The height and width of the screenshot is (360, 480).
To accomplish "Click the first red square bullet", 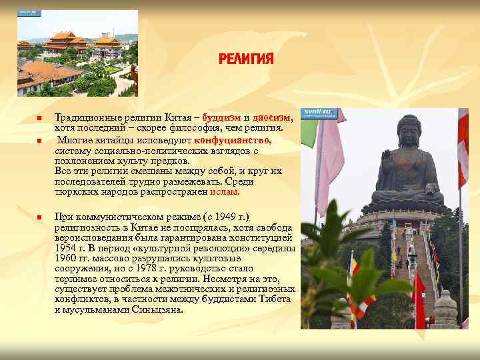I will click(x=39, y=119).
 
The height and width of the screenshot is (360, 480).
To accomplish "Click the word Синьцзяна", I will click(x=161, y=309).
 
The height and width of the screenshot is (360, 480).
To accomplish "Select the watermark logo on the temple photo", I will click(x=29, y=13).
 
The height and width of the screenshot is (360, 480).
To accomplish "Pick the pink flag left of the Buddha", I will click(x=329, y=167).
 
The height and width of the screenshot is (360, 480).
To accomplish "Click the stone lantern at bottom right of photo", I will click(x=445, y=308).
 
